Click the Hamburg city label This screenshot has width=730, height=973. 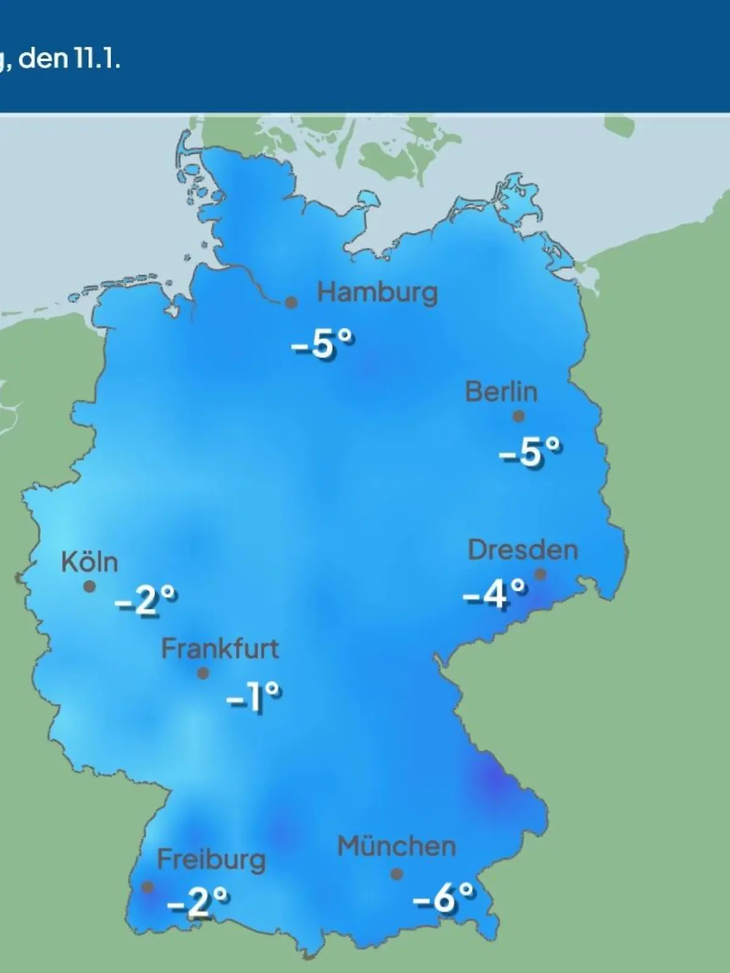click(x=377, y=293)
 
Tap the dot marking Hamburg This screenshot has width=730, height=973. click(x=291, y=302)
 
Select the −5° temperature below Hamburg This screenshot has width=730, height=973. click(x=322, y=346)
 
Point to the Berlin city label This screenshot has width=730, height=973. click(x=501, y=392)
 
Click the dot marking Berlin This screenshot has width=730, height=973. click(x=518, y=417)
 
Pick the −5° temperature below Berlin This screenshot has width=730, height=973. click(x=530, y=452)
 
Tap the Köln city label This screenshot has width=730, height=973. click(x=89, y=563)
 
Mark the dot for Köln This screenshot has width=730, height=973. click(x=89, y=586)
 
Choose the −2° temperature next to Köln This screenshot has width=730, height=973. click(x=146, y=601)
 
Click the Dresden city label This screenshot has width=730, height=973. click(x=523, y=550)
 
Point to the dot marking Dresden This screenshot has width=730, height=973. click(x=540, y=574)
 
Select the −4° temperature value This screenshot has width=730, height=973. click(x=494, y=593)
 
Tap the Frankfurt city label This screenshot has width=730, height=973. click(x=220, y=649)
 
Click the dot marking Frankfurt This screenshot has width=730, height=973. click(x=203, y=673)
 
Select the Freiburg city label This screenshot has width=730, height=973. click(x=211, y=860)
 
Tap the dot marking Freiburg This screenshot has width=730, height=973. click(x=147, y=887)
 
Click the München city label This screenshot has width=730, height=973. click(x=396, y=847)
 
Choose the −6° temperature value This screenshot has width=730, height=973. click(x=443, y=898)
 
